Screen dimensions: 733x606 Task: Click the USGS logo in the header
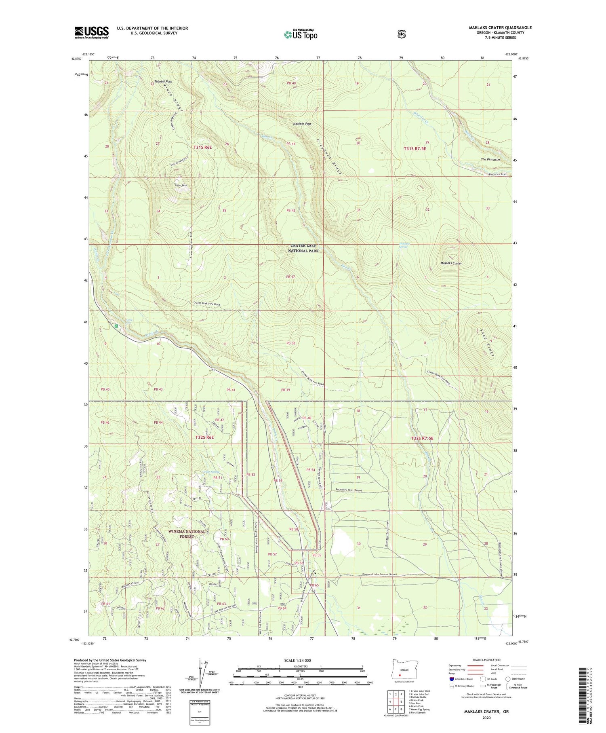coord(91,32)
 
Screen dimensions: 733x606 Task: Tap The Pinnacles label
coord(490,160)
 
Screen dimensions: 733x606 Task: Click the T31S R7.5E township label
coord(415,149)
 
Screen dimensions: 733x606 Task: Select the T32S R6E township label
coord(204,437)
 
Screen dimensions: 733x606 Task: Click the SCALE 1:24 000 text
coord(301,660)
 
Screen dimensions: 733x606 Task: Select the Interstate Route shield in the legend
coord(451,679)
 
